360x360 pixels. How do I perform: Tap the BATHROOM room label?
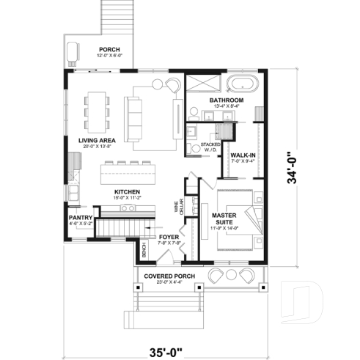(226, 100)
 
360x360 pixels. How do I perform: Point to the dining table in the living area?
(95, 109)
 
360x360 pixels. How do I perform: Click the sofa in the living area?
(135, 120)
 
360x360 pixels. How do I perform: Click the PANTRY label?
(80, 218)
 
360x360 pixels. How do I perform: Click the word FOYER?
(169, 237)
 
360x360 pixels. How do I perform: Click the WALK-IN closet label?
(243, 156)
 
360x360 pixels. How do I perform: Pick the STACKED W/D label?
(211, 149)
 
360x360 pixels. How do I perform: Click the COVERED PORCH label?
(169, 276)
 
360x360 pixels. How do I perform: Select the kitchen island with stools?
(129, 174)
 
